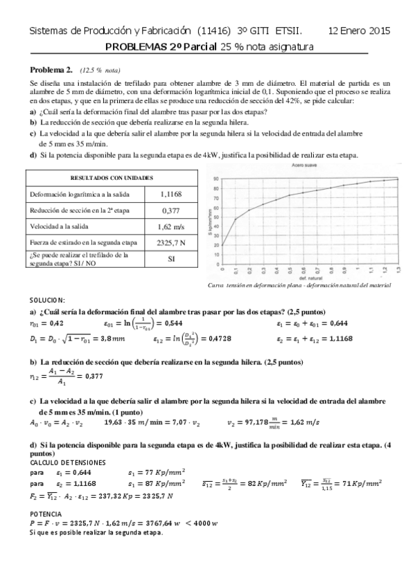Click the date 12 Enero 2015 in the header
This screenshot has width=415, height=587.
click(359, 31)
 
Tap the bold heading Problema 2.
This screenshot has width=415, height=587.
click(51, 70)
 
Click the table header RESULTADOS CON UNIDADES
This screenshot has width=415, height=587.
click(112, 178)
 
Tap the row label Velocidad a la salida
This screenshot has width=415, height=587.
click(61, 226)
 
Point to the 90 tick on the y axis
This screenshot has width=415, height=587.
click(216, 179)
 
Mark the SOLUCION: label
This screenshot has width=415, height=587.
click(47, 300)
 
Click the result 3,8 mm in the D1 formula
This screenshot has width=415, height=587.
click(112, 338)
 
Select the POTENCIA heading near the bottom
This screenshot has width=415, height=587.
click(45, 514)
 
